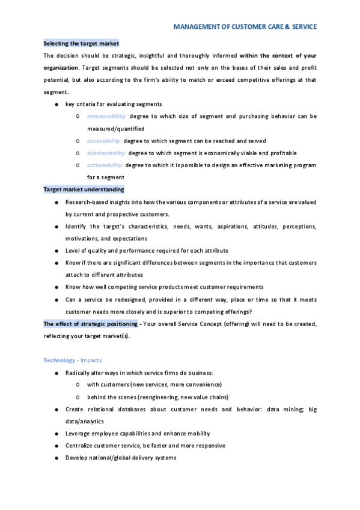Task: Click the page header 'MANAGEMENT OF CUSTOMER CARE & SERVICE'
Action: pyautogui.click(x=245, y=27)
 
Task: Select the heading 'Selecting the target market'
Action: pyautogui.click(x=81, y=43)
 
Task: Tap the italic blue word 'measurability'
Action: pyautogui.click(x=106, y=116)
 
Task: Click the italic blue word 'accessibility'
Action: pyautogui.click(x=104, y=141)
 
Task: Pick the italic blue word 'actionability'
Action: pyautogui.click(x=105, y=165)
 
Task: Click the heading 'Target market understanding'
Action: pyautogui.click(x=84, y=189)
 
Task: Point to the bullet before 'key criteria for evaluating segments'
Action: pyautogui.click(x=56, y=104)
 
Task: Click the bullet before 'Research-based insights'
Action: pyautogui.click(x=56, y=202)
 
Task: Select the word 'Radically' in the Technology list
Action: pyautogui.click(x=78, y=373)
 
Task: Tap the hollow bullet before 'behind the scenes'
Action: pyautogui.click(x=78, y=397)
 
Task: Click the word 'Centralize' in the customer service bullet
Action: pyautogui.click(x=80, y=446)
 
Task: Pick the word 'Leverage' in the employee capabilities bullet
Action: pyautogui.click(x=78, y=434)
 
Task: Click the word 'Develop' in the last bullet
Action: pyautogui.click(x=76, y=458)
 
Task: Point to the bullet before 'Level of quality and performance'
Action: pyautogui.click(x=56, y=250)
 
